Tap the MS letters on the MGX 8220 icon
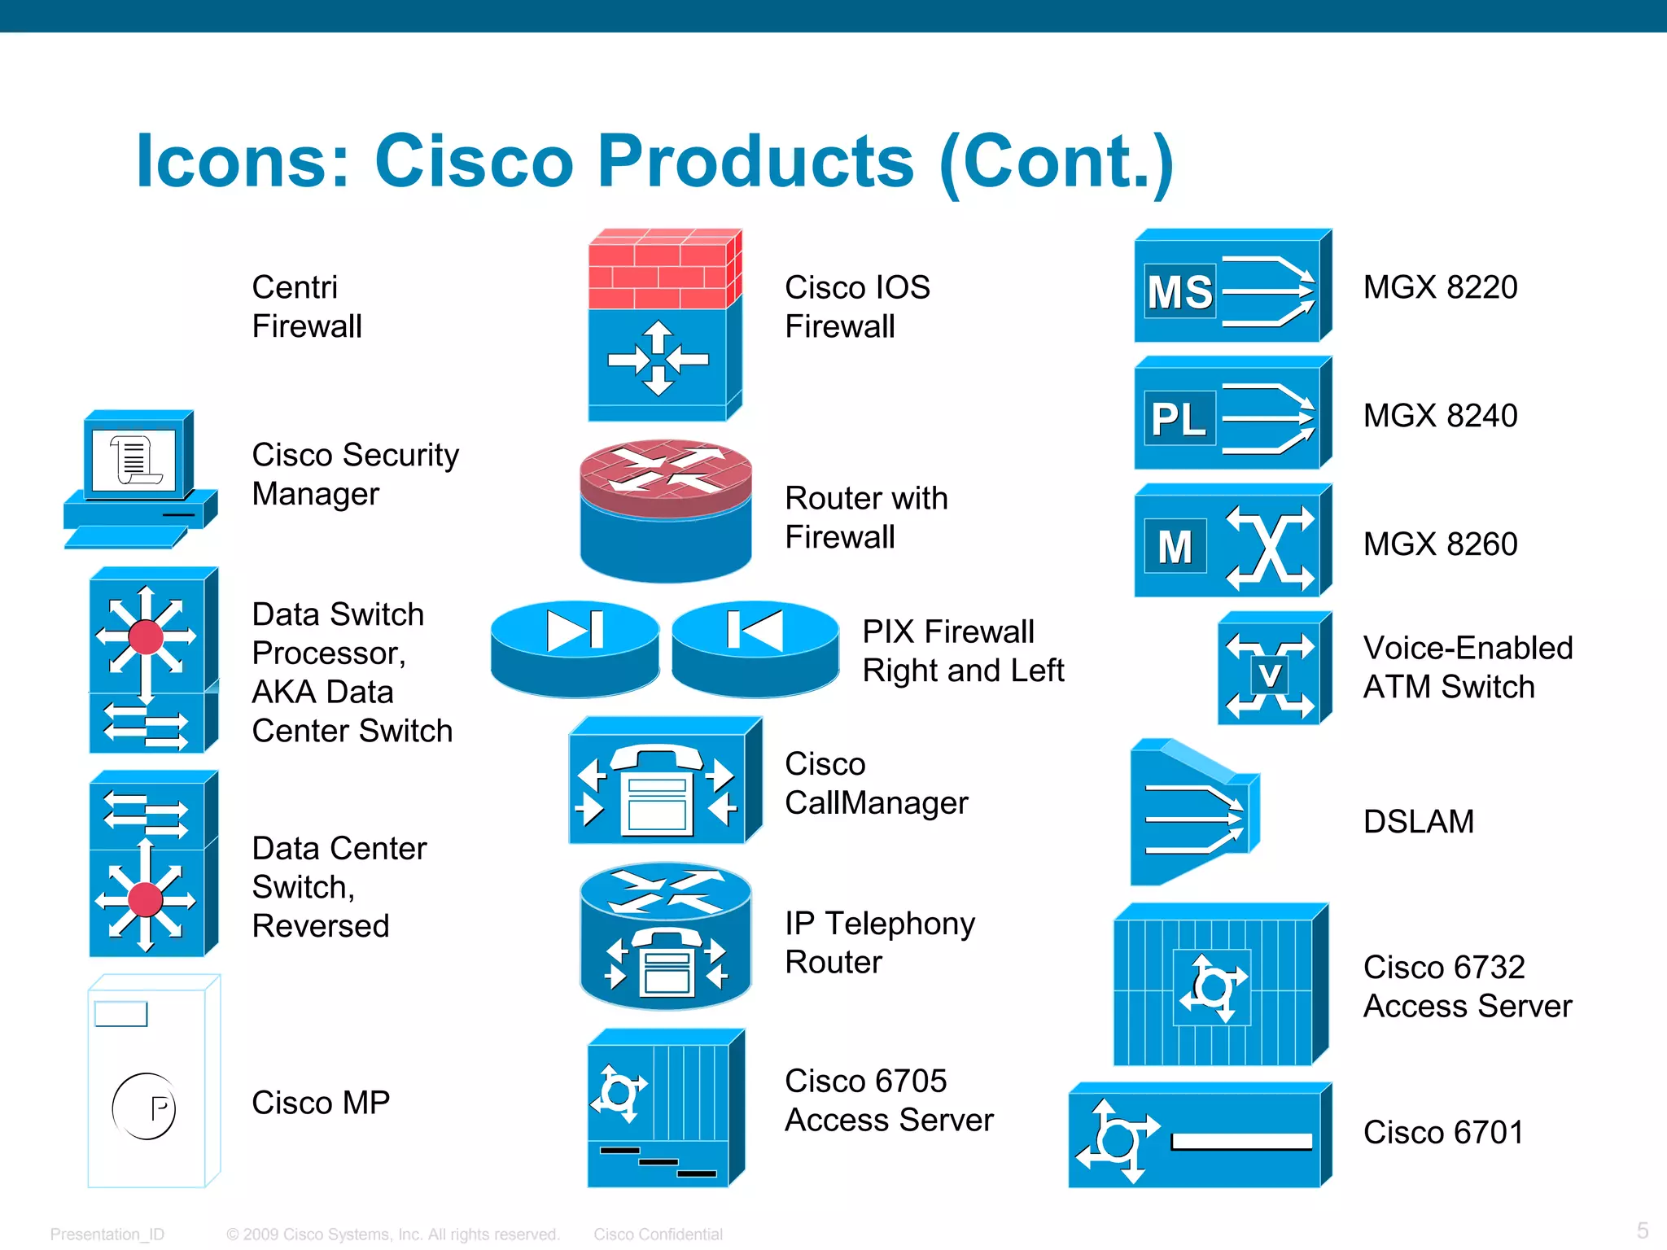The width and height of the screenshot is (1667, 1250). pyautogui.click(x=1179, y=291)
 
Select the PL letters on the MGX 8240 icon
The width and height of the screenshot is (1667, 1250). pyautogui.click(x=1178, y=419)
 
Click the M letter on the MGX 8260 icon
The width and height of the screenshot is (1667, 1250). pyautogui.click(x=1175, y=547)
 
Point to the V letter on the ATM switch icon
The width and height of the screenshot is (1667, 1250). pyautogui.click(x=1269, y=675)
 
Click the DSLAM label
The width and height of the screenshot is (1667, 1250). pyautogui.click(x=1418, y=821)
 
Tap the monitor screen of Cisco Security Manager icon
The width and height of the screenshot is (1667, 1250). pyautogui.click(x=133, y=461)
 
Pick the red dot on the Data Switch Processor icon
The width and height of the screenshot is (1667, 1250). pyautogui.click(x=146, y=636)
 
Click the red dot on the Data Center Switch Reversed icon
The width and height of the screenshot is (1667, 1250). pyautogui.click(x=146, y=900)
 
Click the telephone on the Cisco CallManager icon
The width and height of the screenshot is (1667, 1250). pyautogui.click(x=657, y=789)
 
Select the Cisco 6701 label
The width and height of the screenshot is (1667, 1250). pyautogui.click(x=1442, y=1132)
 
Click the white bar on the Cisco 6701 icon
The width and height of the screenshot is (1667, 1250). pyautogui.click(x=1241, y=1141)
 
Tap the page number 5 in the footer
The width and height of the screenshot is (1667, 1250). pyautogui.click(x=1643, y=1230)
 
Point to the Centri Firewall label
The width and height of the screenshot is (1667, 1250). pyautogui.click(x=306, y=306)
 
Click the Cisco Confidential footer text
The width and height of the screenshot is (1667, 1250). pyautogui.click(x=658, y=1234)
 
